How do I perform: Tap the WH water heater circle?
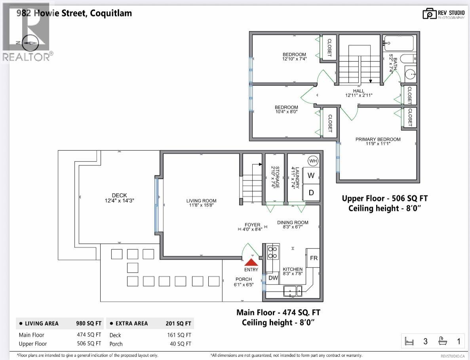click(313, 161)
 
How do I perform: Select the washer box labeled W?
click(311, 175)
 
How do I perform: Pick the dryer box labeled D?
click(311, 193)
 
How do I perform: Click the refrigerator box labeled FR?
click(313, 258)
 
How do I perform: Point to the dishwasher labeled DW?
click(273, 278)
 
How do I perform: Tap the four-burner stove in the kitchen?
click(273, 252)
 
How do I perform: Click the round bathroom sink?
click(410, 74)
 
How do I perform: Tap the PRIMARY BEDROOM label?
click(378, 139)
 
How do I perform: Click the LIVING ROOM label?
click(201, 201)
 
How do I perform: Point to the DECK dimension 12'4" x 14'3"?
click(119, 201)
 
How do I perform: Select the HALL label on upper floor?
click(358, 91)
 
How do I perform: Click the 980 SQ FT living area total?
click(89, 323)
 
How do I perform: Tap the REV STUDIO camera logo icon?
click(429, 14)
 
